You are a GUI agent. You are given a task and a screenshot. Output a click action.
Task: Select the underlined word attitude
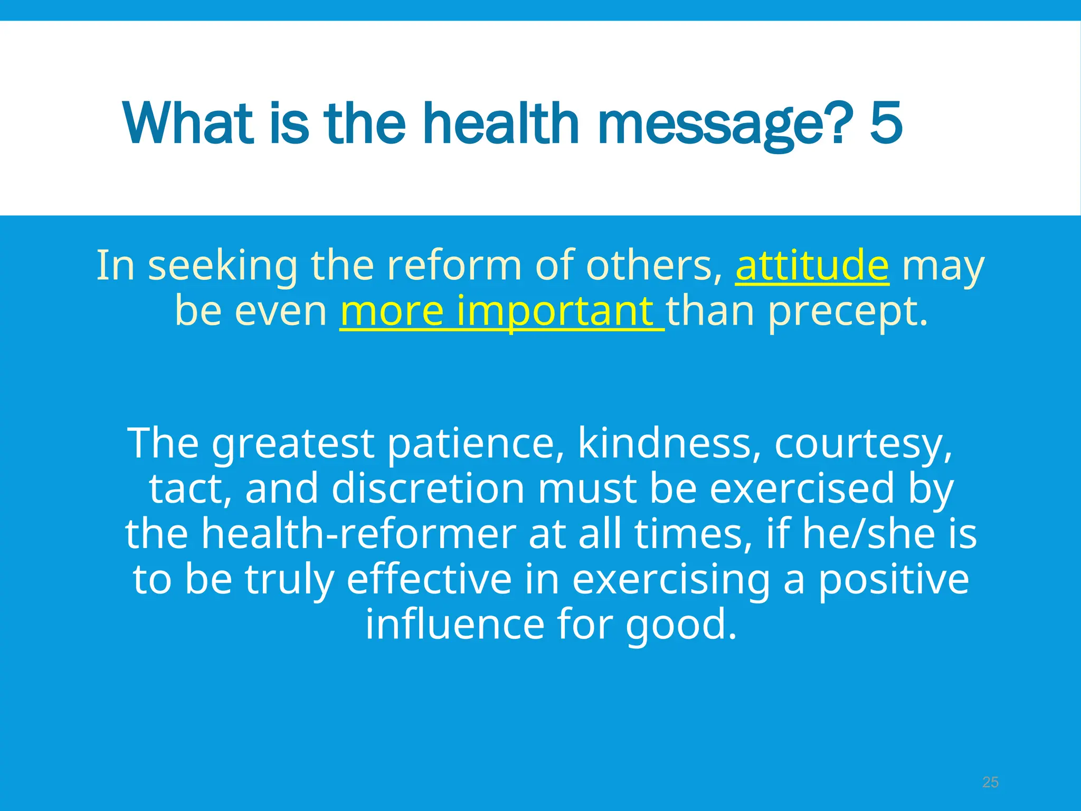pyautogui.click(x=812, y=265)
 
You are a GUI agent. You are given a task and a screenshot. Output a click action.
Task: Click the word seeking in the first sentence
pyautogui.click(x=223, y=266)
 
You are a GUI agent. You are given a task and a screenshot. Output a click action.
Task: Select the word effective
pyautogui.click(x=429, y=579)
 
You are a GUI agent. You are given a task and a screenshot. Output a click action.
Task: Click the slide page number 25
pyautogui.click(x=990, y=782)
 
